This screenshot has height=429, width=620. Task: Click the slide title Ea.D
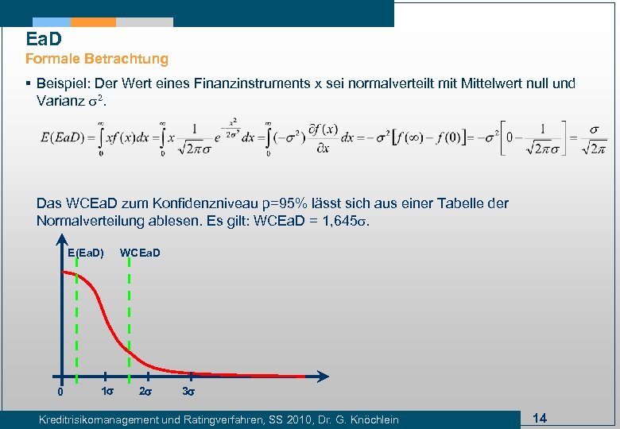pos(44,38)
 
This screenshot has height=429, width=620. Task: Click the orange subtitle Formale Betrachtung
pos(97,59)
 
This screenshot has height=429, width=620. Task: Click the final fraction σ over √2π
pos(595,138)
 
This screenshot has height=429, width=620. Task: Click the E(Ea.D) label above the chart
pos(85,253)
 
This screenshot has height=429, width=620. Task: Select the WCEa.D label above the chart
pos(140,253)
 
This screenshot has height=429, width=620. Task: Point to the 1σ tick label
pos(106,392)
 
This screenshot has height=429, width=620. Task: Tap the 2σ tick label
pos(146,392)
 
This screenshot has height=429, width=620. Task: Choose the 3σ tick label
pos(189,392)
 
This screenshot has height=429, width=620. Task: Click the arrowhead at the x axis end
pos(323,376)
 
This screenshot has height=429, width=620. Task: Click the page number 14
pos(540,418)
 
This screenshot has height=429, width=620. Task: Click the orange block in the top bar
pos(94,22)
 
